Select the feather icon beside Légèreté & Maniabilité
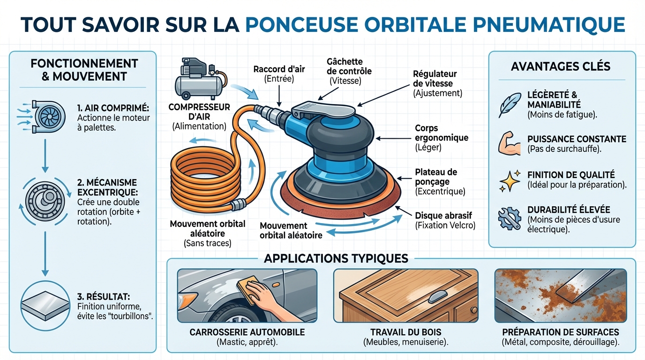509,104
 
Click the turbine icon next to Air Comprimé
45,117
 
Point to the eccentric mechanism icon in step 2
45,196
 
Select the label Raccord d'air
279,69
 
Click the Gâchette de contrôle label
349,67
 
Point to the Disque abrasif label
443,216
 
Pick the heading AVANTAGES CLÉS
561,66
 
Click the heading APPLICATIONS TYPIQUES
336,259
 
